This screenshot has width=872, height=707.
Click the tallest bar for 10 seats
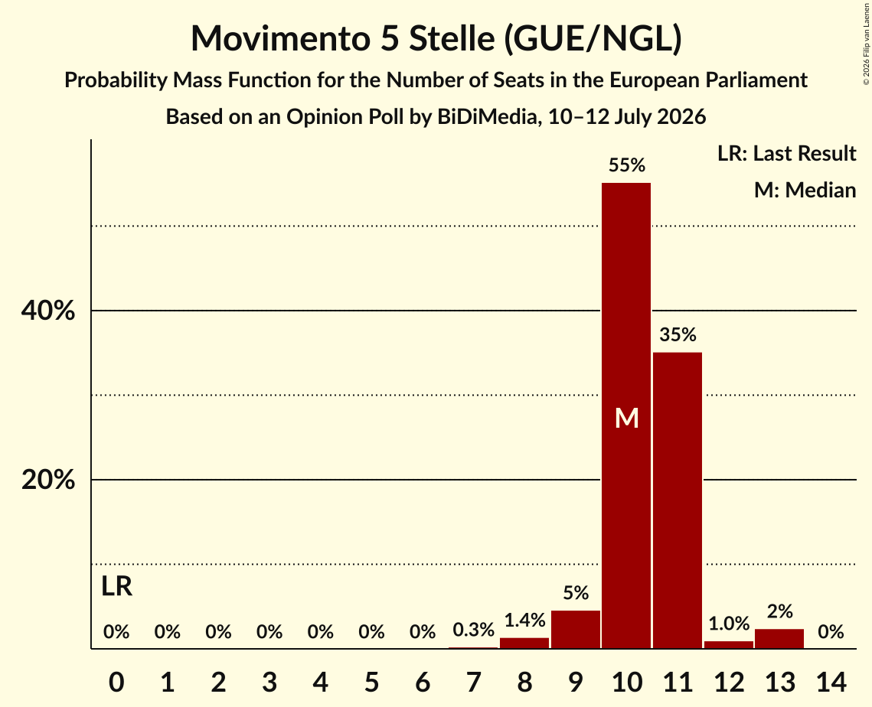[x=626, y=415]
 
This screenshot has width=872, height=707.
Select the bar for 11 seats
[x=678, y=500]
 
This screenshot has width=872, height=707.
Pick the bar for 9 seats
[x=576, y=629]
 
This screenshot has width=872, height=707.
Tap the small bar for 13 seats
[x=779, y=639]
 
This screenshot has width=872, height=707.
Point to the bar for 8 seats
[x=524, y=643]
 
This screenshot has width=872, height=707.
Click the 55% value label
[x=627, y=165]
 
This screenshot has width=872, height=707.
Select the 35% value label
[x=678, y=334]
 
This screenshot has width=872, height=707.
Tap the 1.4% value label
[x=524, y=620]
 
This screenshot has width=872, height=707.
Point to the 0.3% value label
[x=473, y=630]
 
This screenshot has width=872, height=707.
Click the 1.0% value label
[x=729, y=624]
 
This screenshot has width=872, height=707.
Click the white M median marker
[x=627, y=418]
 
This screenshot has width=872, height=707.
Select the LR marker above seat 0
[x=117, y=586]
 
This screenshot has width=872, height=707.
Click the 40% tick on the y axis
[x=47, y=311]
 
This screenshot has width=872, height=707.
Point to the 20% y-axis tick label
[x=47, y=480]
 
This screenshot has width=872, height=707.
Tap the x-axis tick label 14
[x=831, y=682]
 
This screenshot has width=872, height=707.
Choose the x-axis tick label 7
[x=473, y=682]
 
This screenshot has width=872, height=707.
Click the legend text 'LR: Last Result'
[x=786, y=153]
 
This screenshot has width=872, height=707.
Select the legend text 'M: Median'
[x=805, y=190]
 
